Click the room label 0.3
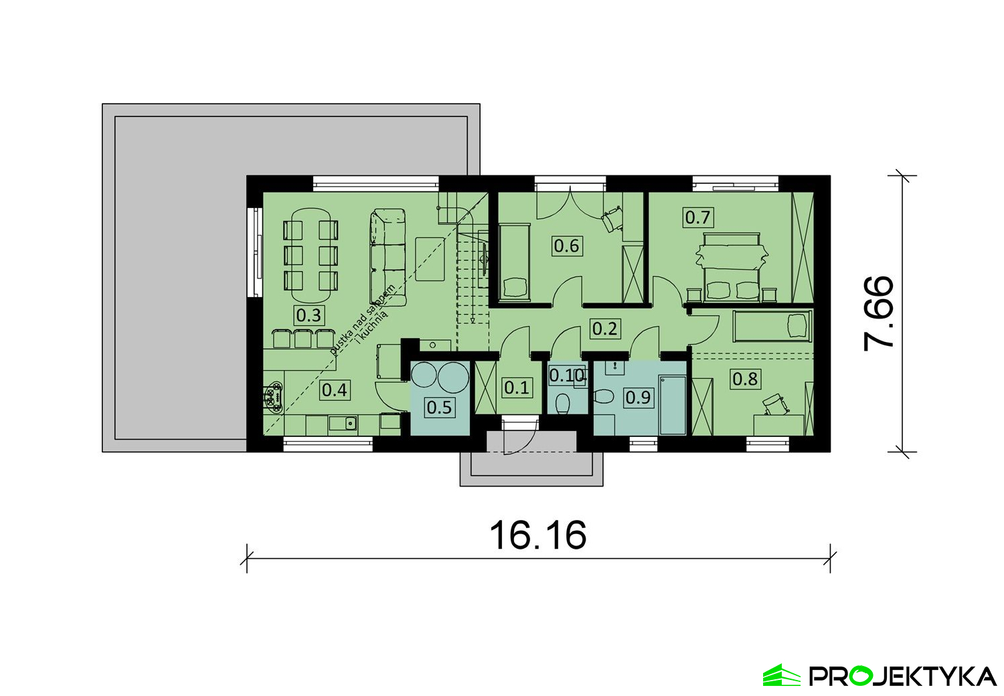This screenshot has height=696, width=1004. tap(309, 315)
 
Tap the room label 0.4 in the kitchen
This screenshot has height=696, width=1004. tap(334, 389)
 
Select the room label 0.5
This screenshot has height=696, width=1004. tap(439, 407)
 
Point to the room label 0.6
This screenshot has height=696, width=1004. tap(566, 246)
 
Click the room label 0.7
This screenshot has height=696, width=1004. tap(697, 217)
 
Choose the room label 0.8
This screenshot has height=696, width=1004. tap(745, 379)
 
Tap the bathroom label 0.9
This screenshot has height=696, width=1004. tap(637, 398)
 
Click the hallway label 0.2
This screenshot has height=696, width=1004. tap(604, 329)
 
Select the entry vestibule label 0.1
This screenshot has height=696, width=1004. tap(517, 387)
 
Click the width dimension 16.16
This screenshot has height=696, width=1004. tap(538, 535)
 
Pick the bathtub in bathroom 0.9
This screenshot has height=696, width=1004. tap(673, 405)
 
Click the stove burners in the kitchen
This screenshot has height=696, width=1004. tap(272, 396)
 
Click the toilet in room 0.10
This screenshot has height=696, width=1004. tap(563, 404)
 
